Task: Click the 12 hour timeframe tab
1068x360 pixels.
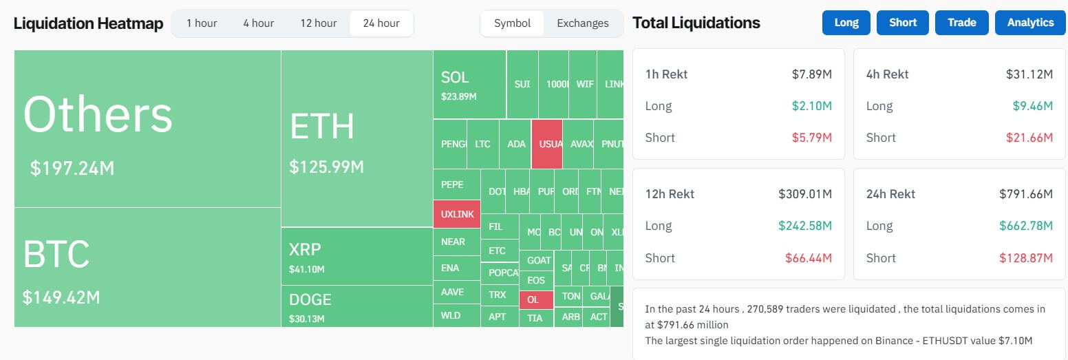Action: pyautogui.click(x=318, y=23)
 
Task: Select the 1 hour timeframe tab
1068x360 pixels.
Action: pyautogui.click(x=202, y=23)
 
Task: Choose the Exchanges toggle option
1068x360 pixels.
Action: pyautogui.click(x=582, y=23)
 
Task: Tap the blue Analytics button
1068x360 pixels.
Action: pyautogui.click(x=1030, y=23)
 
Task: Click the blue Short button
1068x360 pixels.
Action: pyautogui.click(x=902, y=23)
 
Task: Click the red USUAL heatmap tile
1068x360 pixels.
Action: pyautogui.click(x=547, y=144)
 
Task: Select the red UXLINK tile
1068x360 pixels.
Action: pyautogui.click(x=457, y=214)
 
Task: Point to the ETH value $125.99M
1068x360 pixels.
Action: pyautogui.click(x=326, y=167)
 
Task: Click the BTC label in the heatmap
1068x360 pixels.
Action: pyautogui.click(x=56, y=255)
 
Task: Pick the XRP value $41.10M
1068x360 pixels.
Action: pyautogui.click(x=306, y=269)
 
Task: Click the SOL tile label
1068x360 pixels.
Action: pyautogui.click(x=455, y=77)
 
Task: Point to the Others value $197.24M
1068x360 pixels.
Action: pyautogui.click(x=72, y=168)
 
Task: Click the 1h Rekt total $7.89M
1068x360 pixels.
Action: pyautogui.click(x=811, y=74)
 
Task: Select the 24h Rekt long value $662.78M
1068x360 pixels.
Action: pyautogui.click(x=1027, y=226)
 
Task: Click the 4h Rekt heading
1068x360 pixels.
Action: pyautogui.click(x=887, y=74)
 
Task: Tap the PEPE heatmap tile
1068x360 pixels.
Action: pyautogui.click(x=451, y=184)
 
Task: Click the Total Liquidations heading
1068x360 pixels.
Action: pyautogui.click(x=696, y=23)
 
